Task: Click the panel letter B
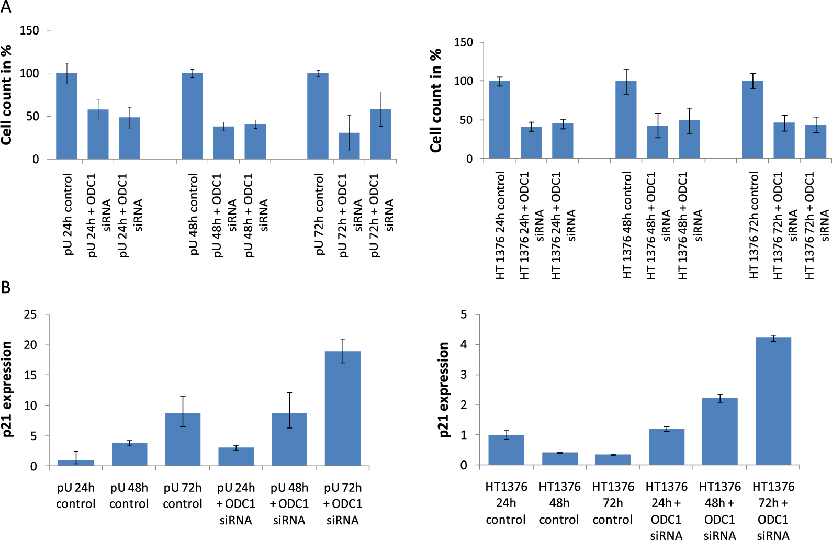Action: click(6, 287)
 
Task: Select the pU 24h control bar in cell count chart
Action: click(66, 116)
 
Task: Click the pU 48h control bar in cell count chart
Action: click(192, 116)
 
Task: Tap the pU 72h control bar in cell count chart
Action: click(318, 116)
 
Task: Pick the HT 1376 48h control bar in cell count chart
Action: click(626, 120)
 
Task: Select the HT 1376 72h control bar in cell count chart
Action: click(752, 120)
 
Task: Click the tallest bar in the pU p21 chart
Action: click(343, 408)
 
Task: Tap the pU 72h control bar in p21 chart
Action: click(183, 439)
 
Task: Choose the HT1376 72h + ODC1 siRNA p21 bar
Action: click(773, 401)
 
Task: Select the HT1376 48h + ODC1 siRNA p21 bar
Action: click(720, 431)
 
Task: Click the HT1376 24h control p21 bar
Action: click(506, 449)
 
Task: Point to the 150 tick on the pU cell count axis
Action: click(29, 30)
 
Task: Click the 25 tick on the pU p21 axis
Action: click(30, 314)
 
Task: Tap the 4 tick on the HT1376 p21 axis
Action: click(464, 345)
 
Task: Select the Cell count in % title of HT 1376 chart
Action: click(436, 100)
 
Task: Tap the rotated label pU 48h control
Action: click(194, 215)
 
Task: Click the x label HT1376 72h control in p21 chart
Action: click(613, 503)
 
